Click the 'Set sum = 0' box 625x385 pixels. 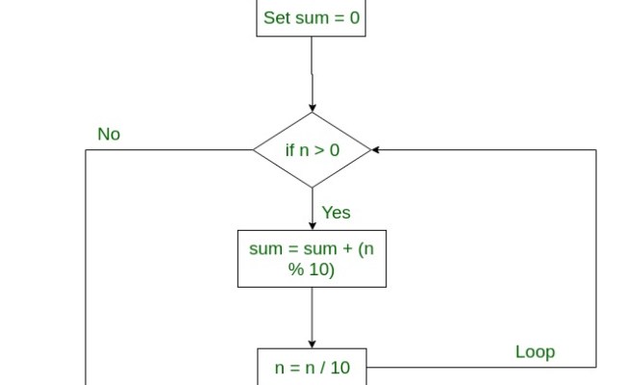point(311,18)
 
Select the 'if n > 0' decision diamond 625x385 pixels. point(312,150)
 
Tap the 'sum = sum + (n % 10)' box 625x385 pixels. point(312,258)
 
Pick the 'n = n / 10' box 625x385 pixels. point(312,368)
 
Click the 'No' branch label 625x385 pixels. point(109,135)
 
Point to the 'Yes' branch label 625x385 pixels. point(336,212)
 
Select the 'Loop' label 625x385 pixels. point(535,352)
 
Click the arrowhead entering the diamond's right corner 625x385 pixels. point(376,150)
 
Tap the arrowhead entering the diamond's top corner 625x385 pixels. point(312,108)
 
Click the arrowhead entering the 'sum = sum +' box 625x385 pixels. point(312,224)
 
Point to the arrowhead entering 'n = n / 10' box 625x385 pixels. point(312,344)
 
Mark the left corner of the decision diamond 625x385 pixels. point(253,150)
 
